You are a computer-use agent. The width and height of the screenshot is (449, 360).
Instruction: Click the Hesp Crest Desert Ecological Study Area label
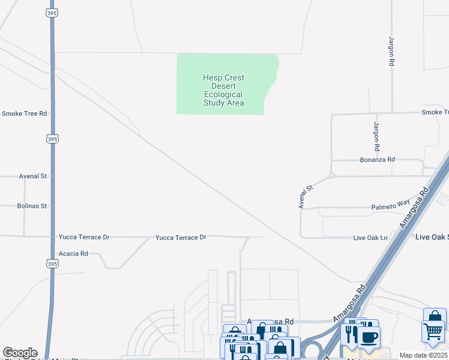223,90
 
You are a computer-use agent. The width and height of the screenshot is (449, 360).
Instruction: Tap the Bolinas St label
32,206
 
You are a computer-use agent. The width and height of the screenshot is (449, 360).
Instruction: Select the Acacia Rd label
73,254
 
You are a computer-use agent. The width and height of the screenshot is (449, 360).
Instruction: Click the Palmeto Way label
391,205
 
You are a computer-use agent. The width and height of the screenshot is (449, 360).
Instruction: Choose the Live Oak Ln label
370,238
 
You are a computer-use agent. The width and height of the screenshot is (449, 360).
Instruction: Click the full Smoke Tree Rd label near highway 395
23,113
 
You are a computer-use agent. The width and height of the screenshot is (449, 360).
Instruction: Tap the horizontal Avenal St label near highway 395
32,176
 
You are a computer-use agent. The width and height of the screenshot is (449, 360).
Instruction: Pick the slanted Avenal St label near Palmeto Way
306,197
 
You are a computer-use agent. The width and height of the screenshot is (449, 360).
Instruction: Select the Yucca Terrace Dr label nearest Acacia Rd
84,238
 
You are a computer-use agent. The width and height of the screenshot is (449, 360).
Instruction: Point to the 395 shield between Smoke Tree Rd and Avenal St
52,139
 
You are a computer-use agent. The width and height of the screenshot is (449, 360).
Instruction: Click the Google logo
20,353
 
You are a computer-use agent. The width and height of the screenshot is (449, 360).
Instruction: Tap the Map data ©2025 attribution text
424,355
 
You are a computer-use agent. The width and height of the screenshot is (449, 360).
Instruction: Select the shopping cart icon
432,331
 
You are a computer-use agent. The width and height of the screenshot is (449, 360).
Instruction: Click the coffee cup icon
369,337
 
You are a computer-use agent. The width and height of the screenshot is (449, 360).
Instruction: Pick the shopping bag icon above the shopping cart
435,316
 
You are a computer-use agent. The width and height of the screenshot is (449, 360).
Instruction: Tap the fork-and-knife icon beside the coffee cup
350,334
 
